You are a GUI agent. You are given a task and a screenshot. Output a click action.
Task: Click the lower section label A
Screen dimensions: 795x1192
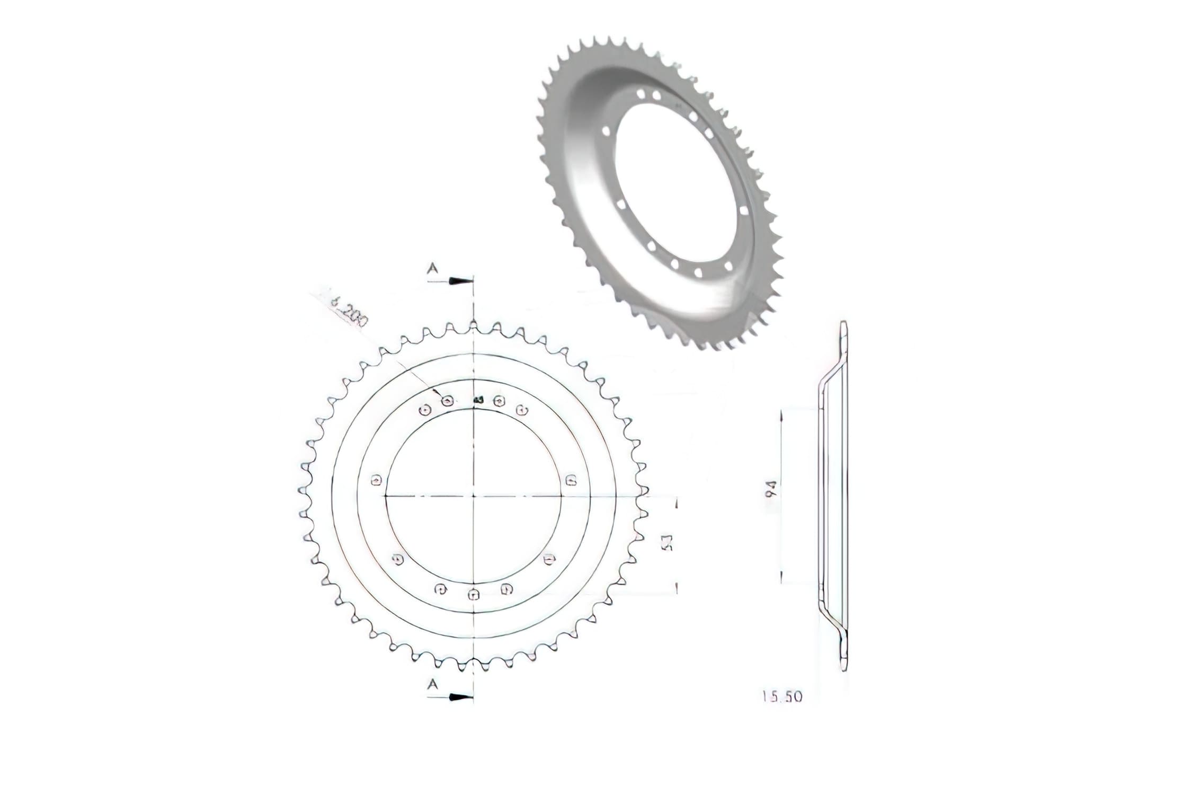coord(433,685)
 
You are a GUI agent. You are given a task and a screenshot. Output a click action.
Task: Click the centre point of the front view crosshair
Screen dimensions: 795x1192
coord(473,496)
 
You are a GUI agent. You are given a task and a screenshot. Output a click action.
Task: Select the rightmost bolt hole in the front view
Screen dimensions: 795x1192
coord(571,480)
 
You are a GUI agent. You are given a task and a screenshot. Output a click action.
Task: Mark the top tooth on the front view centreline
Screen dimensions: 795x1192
coord(473,324)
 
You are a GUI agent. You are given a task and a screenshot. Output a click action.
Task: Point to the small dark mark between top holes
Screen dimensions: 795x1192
coord(477,400)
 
